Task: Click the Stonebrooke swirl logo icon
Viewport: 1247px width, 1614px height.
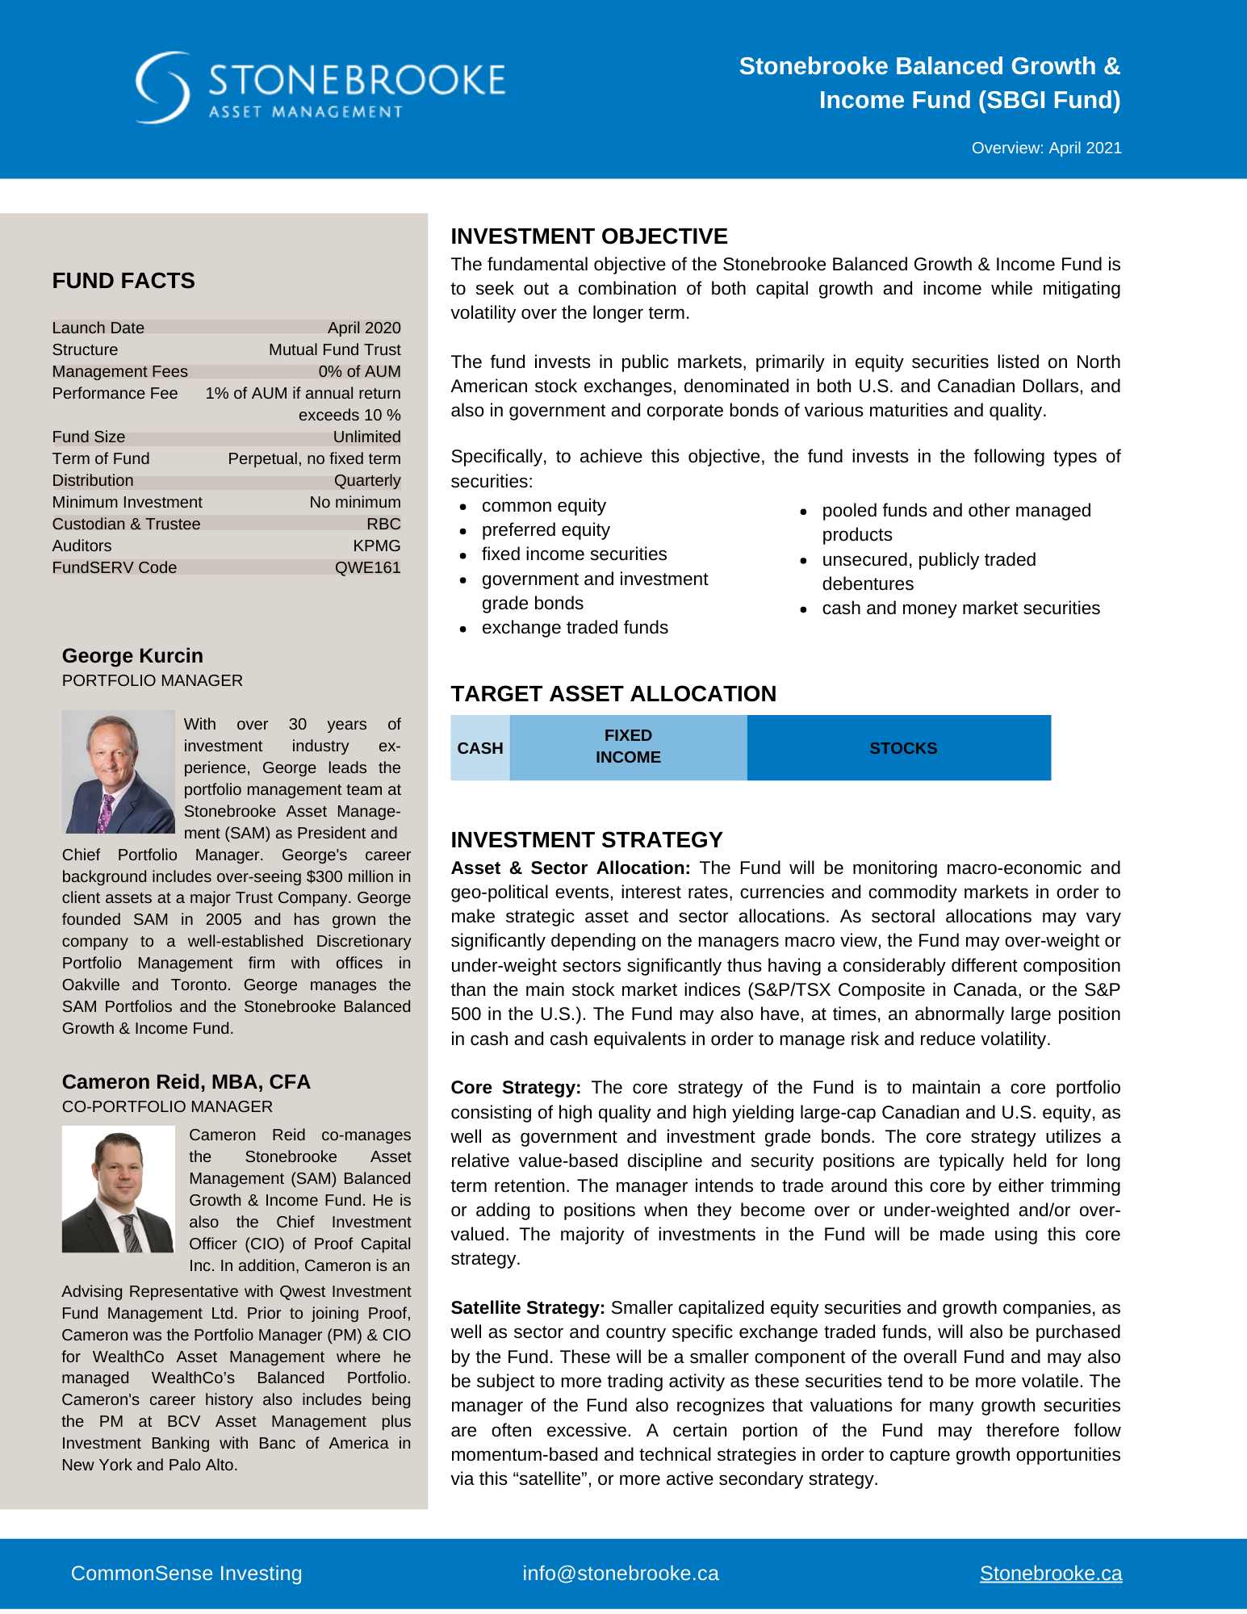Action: tap(162, 87)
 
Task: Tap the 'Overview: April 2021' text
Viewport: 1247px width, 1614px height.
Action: tap(1046, 148)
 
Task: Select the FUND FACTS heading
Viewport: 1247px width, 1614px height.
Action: tap(123, 281)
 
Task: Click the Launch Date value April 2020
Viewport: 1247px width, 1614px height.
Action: tap(364, 328)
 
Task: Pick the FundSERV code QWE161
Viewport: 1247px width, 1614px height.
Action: tap(367, 567)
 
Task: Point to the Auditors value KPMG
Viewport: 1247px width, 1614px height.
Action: tap(376, 546)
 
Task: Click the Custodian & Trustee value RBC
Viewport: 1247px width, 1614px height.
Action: tap(383, 524)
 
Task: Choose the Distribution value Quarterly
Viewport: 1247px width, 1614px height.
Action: tap(367, 480)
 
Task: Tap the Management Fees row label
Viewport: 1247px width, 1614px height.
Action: tap(119, 371)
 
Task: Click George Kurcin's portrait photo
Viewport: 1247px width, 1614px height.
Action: tap(119, 771)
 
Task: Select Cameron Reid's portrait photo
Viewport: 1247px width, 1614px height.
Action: tap(119, 1190)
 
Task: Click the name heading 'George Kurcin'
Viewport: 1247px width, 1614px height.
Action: tap(132, 655)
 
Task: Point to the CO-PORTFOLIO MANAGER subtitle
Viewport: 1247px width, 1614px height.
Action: tap(167, 1106)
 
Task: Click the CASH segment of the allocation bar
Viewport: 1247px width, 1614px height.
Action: tap(480, 748)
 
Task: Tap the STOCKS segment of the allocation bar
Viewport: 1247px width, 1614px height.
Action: tap(902, 748)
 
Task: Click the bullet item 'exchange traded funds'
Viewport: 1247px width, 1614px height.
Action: tap(575, 628)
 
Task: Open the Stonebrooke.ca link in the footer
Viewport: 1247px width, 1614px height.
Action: tap(1050, 1573)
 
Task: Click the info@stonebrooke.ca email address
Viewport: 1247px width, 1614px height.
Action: tap(620, 1573)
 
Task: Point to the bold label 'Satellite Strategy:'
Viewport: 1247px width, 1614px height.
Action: tap(528, 1307)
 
